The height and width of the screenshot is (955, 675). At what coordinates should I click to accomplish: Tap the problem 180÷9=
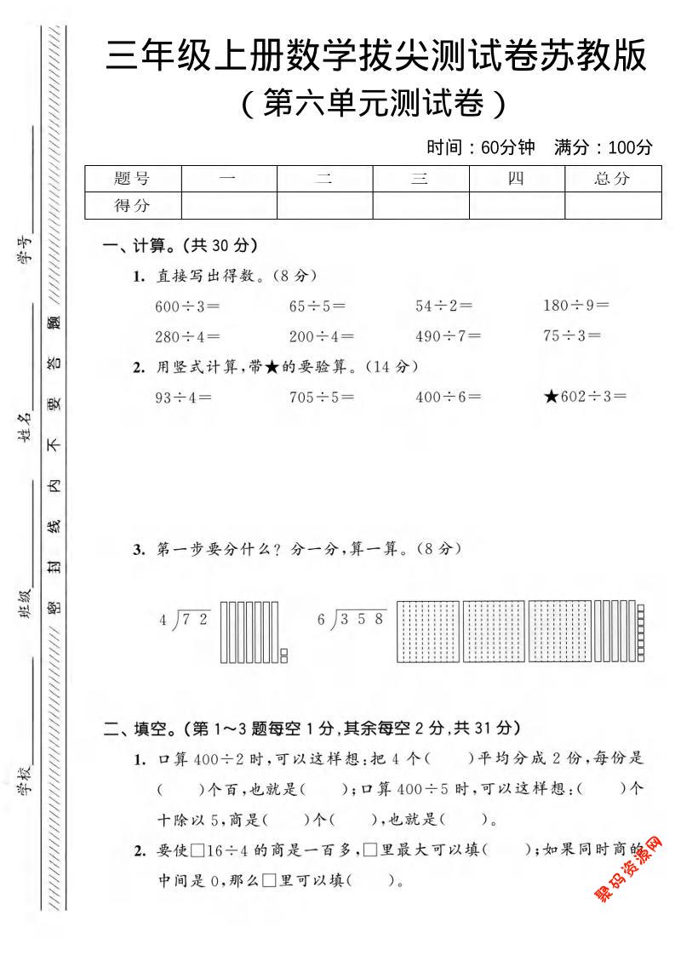click(x=575, y=305)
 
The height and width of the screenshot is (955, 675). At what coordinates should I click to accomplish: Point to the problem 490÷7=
click(x=448, y=335)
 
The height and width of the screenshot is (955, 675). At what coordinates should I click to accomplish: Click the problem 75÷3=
click(x=571, y=335)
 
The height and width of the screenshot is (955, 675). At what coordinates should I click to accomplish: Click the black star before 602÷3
click(x=551, y=396)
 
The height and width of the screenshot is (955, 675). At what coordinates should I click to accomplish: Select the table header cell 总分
click(x=612, y=179)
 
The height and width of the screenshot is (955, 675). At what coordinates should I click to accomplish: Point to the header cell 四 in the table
click(x=516, y=179)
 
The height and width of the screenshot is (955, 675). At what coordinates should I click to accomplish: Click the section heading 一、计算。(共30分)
click(x=180, y=246)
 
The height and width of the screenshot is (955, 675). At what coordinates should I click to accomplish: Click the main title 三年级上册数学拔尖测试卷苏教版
click(x=375, y=56)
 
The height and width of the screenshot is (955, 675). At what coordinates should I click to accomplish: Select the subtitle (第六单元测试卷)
click(x=374, y=104)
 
